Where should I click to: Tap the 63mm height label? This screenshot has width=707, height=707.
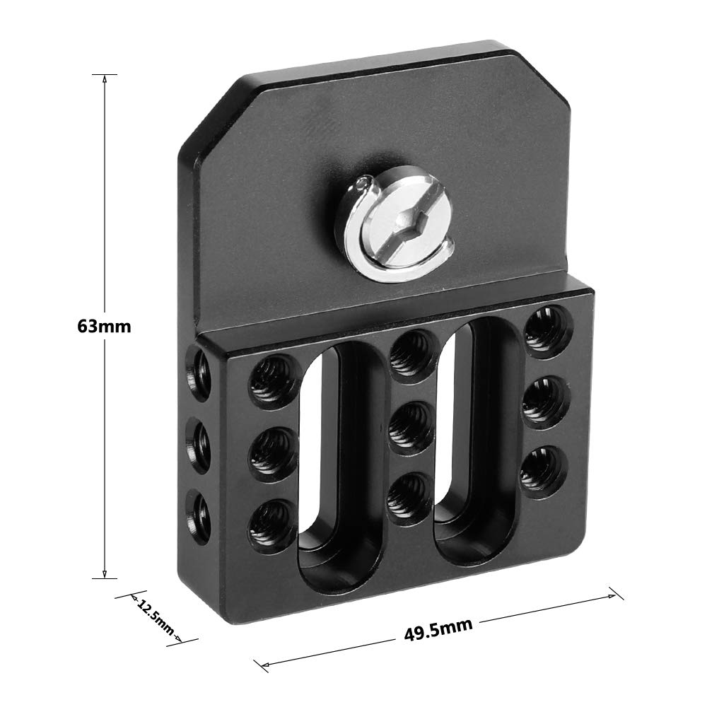[x=105, y=327]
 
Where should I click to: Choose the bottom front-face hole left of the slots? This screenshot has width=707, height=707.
[x=273, y=524]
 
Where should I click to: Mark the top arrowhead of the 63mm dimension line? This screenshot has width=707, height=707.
[x=105, y=78]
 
